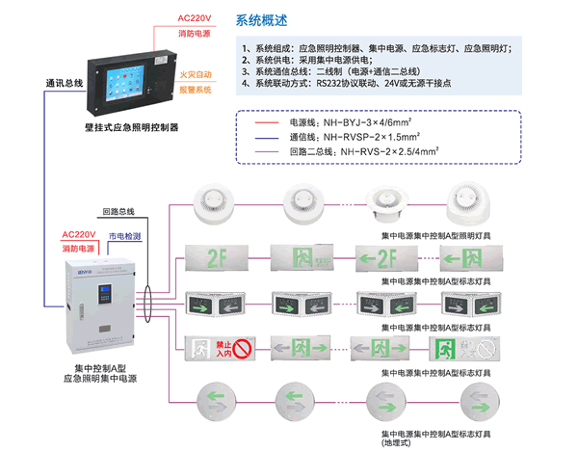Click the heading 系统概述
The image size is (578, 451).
268,19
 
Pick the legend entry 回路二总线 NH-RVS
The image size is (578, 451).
360,151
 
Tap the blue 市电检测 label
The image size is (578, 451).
123,236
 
